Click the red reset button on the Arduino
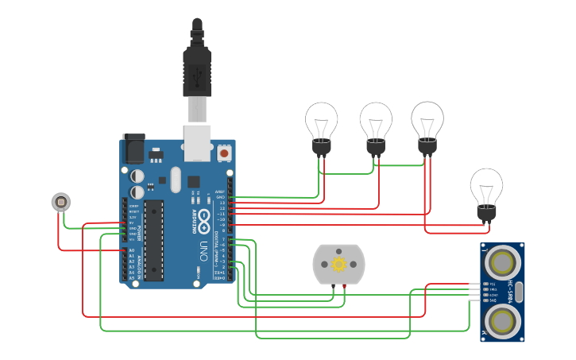point(224,152)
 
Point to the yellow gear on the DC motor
point(339,264)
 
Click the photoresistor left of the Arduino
point(60,202)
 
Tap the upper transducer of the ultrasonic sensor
point(502,261)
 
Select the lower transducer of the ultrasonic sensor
point(502,321)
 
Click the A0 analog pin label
point(131,251)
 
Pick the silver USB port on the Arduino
point(198,141)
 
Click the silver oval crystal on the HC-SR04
point(519,292)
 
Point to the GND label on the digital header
point(220,197)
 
